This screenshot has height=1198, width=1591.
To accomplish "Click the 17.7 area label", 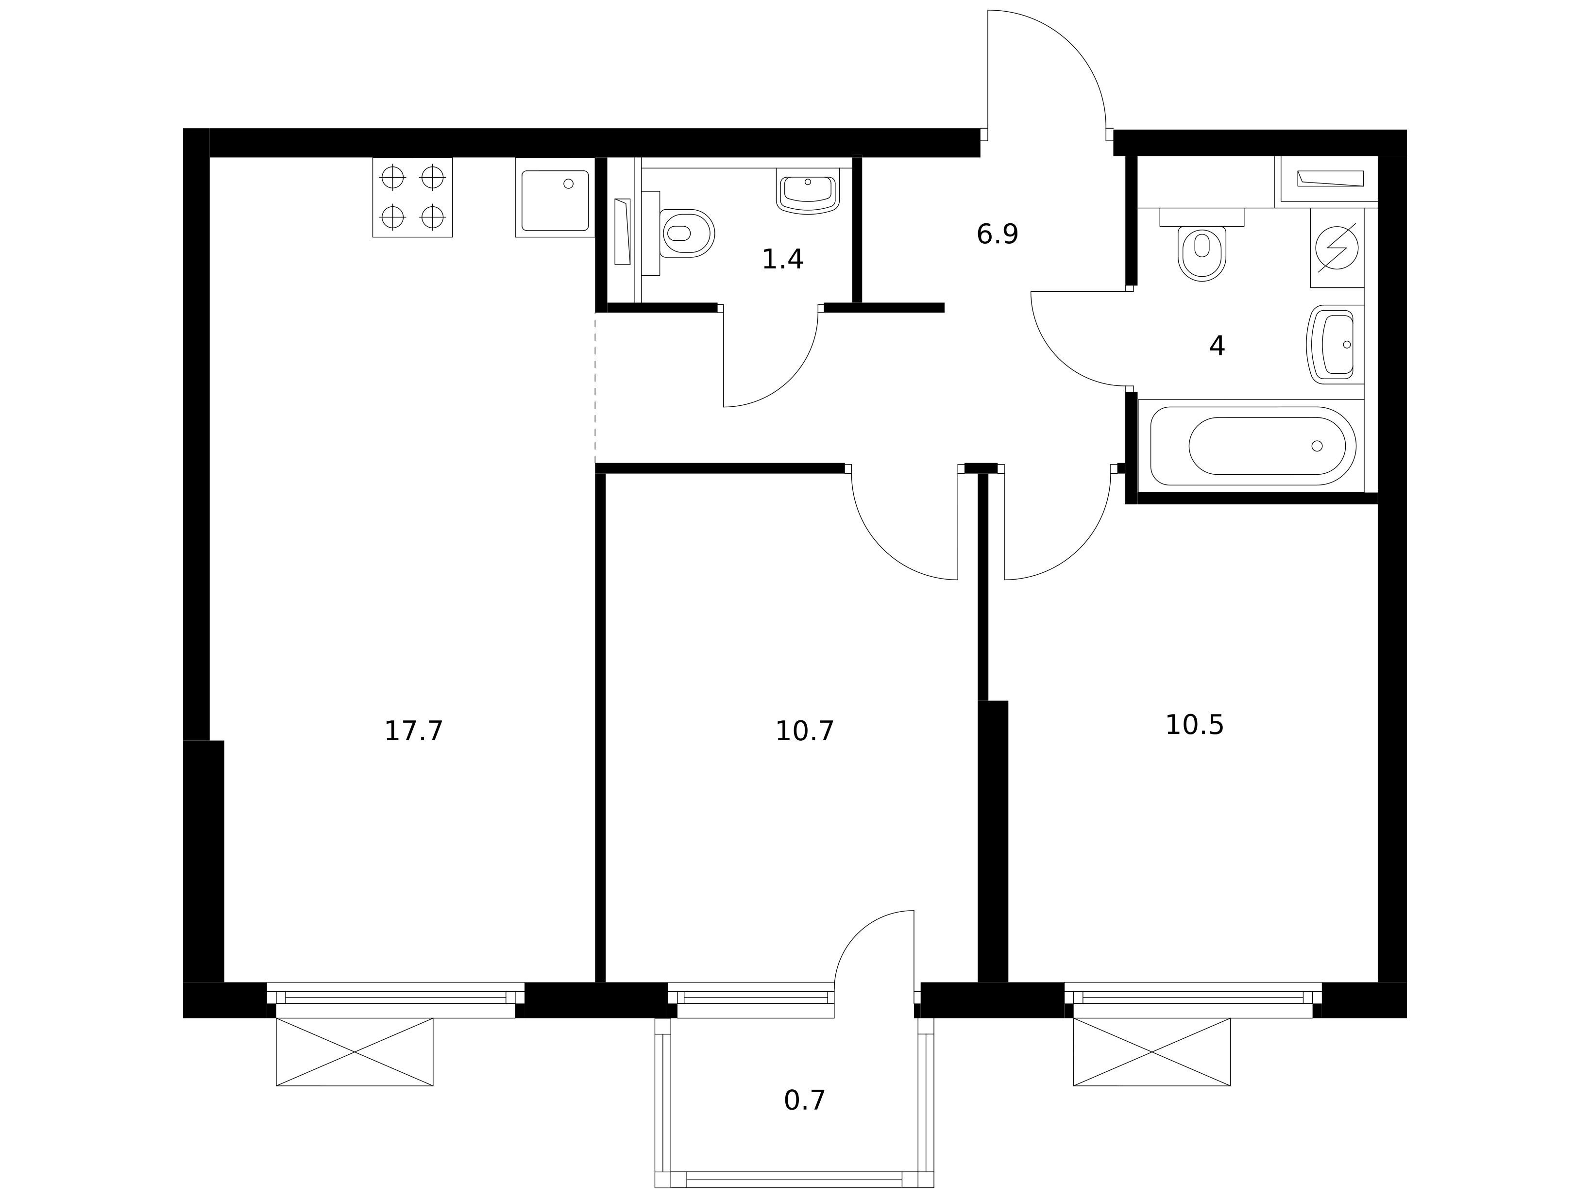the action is [x=414, y=732].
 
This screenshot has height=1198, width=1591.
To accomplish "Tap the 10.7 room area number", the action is [x=805, y=732].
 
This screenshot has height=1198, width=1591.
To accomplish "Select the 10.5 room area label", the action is [x=1195, y=726].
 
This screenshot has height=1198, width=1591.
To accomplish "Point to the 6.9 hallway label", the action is [x=998, y=234].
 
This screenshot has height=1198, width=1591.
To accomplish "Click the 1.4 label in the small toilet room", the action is [x=782, y=260].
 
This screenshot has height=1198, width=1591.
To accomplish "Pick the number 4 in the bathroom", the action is [x=1217, y=347].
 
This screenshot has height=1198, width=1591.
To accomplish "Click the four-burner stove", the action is [x=412, y=197].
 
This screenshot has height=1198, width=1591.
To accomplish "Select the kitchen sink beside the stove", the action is [x=555, y=197].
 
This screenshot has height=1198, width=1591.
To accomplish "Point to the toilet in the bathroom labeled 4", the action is [x=1202, y=245].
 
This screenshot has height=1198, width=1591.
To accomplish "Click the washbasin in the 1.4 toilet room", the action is [x=808, y=191].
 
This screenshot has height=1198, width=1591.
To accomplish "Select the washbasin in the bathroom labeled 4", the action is [x=1335, y=345].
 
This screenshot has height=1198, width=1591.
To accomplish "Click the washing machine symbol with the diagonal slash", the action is [x=1337, y=248].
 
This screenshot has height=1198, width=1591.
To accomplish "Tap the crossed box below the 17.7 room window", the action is [x=355, y=1052].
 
